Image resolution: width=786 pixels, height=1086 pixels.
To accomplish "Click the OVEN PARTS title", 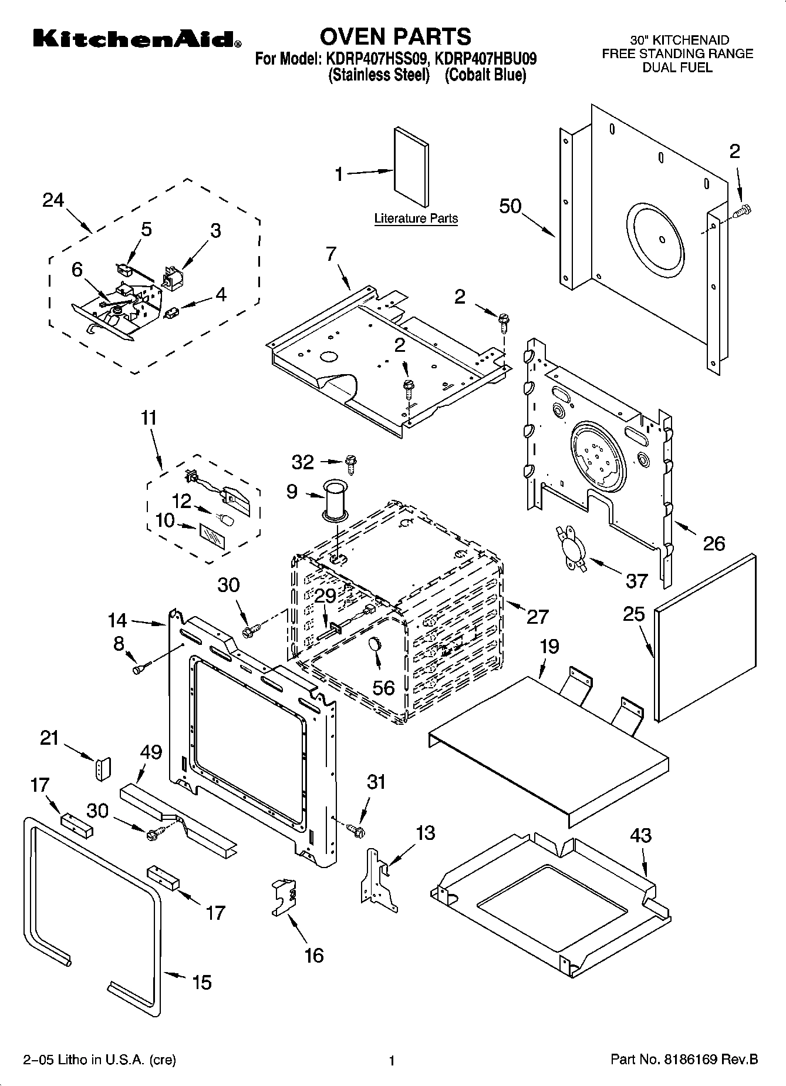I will (395, 36).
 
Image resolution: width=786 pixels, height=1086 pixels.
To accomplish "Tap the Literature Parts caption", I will (416, 218).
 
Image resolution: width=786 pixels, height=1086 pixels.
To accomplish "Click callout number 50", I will (510, 206).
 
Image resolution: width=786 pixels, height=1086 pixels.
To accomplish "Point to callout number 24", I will (53, 200).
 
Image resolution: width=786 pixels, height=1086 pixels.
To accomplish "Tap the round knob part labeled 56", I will (375, 644).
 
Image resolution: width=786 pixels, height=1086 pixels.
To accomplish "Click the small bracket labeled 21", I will (103, 769).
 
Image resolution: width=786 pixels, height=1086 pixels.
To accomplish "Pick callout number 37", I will (636, 581).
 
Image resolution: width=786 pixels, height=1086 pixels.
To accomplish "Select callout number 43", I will (640, 835).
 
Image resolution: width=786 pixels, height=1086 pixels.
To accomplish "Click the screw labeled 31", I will (356, 830).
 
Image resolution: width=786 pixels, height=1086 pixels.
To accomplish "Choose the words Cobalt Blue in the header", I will (485, 75).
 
